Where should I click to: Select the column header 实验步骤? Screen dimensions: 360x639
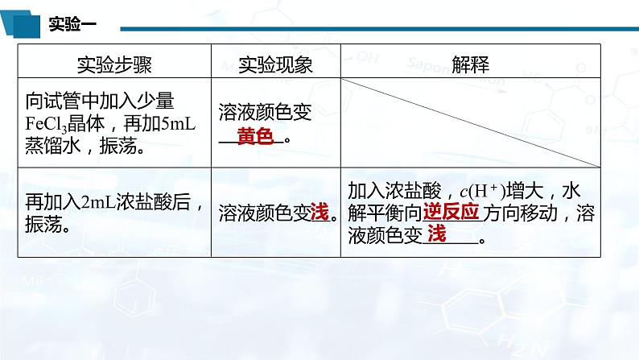tap(114, 62)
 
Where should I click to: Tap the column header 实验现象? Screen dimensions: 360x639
tap(275, 62)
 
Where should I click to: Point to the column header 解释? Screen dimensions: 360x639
tap(470, 62)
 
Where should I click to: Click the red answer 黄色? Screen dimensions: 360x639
tap(255, 136)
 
